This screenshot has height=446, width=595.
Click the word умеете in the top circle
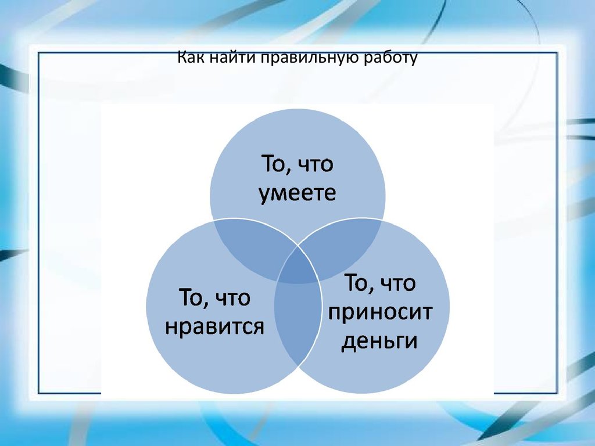click(297, 193)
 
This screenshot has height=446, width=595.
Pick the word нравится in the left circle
click(215, 327)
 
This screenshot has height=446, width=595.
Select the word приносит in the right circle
click(380, 312)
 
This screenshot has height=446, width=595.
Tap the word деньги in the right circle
click(379, 341)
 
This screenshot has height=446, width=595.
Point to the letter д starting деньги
click(347, 341)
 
